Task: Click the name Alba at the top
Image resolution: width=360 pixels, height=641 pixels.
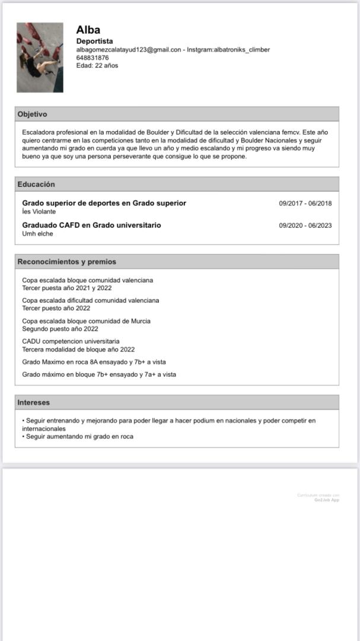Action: coord(88,30)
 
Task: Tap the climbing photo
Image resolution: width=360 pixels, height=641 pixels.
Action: coord(40,58)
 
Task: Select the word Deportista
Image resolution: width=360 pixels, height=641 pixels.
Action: coord(94,42)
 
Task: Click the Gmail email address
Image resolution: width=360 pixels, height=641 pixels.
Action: coord(128,50)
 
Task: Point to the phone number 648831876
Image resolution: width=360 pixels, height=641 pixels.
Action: coord(93,58)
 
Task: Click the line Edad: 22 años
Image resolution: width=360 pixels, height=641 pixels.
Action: coord(97,65)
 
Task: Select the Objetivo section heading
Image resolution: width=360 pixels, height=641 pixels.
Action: coord(33,114)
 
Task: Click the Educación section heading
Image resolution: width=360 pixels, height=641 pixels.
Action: coord(36,184)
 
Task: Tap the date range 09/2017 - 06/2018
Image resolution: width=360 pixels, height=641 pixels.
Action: coord(305,204)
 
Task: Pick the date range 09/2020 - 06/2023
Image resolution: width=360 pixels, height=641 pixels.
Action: coord(305,226)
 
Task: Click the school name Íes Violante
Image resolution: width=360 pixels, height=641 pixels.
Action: coord(39,211)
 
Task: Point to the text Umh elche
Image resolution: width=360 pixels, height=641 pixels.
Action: coord(37,234)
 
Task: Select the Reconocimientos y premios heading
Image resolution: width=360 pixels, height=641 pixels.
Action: coord(66,262)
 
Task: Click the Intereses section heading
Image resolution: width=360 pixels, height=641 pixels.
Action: coord(34,402)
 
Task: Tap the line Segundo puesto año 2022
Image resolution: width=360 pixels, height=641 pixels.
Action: coord(60,329)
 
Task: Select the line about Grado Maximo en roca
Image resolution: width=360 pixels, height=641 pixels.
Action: coord(94,361)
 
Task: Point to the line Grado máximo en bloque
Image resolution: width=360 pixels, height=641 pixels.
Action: coord(98,375)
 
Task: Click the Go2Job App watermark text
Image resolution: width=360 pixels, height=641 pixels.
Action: coord(327,500)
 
